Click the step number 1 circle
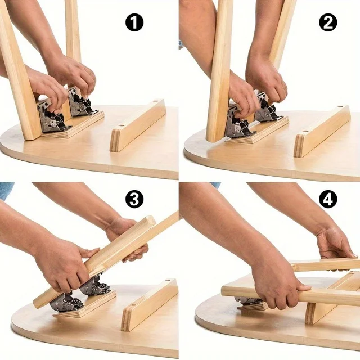(134, 22)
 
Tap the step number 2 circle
(328, 22)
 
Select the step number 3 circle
(134, 199)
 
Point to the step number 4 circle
(328, 199)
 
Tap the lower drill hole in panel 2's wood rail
(305, 132)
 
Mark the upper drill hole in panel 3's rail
(167, 281)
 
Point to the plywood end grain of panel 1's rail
(115, 140)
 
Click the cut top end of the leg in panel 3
(151, 220)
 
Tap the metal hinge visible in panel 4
(247, 301)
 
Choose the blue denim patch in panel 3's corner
(6, 190)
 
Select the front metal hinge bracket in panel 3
(66, 301)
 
